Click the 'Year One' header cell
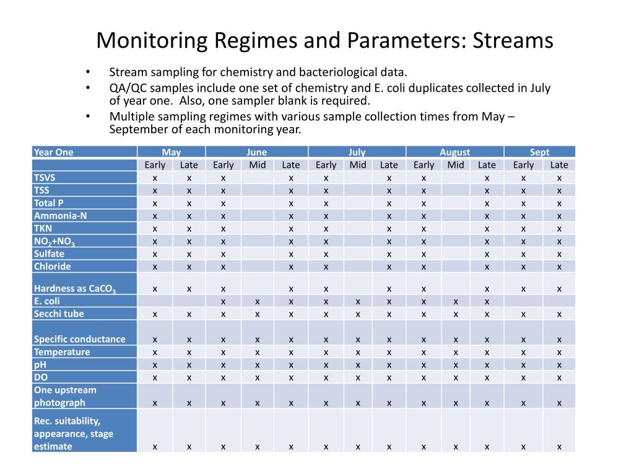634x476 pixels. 54,152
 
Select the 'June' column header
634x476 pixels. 256,152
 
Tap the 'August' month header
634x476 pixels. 454,152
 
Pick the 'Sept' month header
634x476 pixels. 539,152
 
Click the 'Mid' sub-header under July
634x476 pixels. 358,165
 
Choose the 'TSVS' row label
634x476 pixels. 45,178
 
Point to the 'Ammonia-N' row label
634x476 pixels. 56,216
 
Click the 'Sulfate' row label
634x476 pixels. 49,253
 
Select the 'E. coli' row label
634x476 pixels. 47,301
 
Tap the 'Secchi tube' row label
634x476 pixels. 59,314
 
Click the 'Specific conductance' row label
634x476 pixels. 79,339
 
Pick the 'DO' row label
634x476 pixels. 41,377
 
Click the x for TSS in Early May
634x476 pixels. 155,191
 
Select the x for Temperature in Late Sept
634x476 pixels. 559,352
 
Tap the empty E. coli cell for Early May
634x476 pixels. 155,301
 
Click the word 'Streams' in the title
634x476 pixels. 513,41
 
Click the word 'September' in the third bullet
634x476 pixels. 137,130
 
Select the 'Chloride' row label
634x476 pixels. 52,267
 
